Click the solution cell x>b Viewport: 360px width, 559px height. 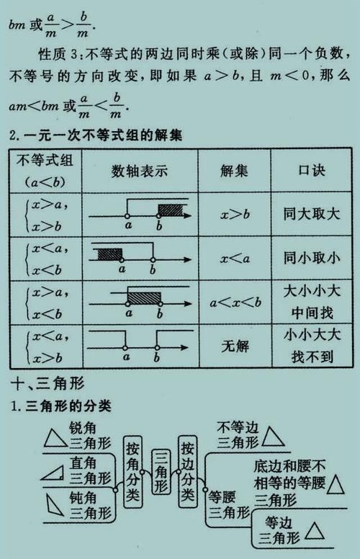(x=234, y=214)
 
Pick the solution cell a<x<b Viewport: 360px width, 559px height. (x=234, y=303)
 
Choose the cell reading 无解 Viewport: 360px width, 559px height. (x=234, y=345)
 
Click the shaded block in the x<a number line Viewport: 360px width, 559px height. (x=108, y=254)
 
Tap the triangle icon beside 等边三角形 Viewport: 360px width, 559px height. (x=315, y=531)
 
